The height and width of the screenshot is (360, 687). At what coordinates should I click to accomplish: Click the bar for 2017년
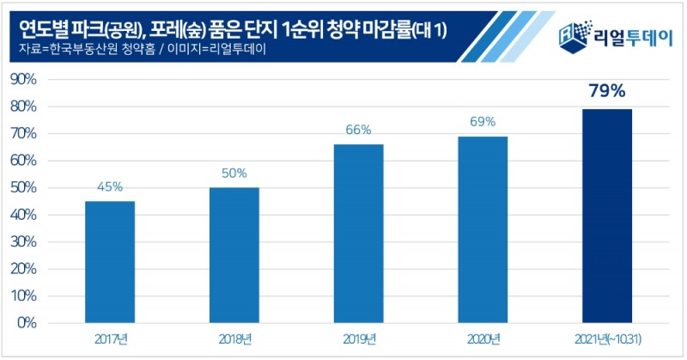[110, 261]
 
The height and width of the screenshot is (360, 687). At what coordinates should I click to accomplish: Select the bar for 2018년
[234, 255]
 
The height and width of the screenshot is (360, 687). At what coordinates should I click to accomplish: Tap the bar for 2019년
[358, 233]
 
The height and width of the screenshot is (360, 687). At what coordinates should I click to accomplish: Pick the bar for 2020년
[483, 229]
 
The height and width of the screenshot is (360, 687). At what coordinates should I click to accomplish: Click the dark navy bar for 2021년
[607, 216]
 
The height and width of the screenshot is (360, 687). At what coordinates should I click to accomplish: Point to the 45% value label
[110, 186]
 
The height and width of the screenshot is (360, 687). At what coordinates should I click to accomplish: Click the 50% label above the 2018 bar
[234, 173]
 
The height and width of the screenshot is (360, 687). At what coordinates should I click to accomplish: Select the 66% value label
[358, 130]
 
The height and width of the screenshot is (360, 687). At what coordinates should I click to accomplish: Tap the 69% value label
[483, 122]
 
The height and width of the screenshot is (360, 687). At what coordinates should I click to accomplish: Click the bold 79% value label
[607, 92]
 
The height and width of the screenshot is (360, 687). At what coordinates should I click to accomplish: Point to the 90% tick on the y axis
[22, 80]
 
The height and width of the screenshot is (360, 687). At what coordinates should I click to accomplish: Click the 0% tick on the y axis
[26, 323]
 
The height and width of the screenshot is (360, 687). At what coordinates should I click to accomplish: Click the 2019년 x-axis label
[358, 339]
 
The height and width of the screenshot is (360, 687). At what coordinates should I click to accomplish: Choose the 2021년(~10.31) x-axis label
[607, 339]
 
